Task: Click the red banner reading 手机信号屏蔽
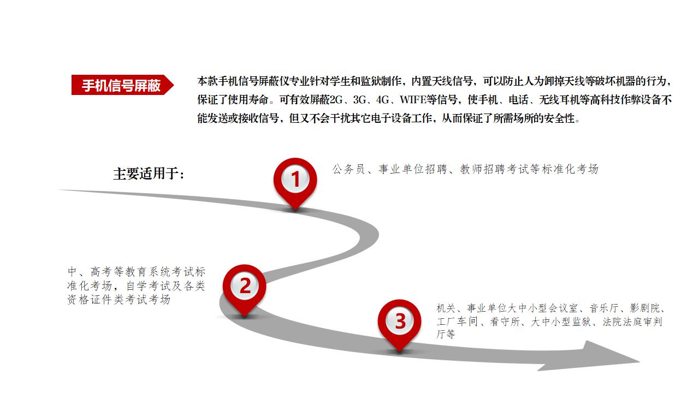pyautogui.click(x=122, y=85)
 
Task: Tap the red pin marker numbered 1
pyautogui.click(x=295, y=183)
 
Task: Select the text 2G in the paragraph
pyautogui.click(x=336, y=100)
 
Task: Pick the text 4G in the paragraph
pyautogui.click(x=382, y=100)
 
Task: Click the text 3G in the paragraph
pyautogui.click(x=359, y=100)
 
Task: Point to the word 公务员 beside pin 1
pyautogui.click(x=348, y=169)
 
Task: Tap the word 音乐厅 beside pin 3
pyautogui.click(x=604, y=308)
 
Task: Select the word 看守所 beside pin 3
pyautogui.click(x=505, y=321)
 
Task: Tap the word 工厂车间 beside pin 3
pyautogui.click(x=457, y=321)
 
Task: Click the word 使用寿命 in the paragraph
pyautogui.click(x=248, y=100)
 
